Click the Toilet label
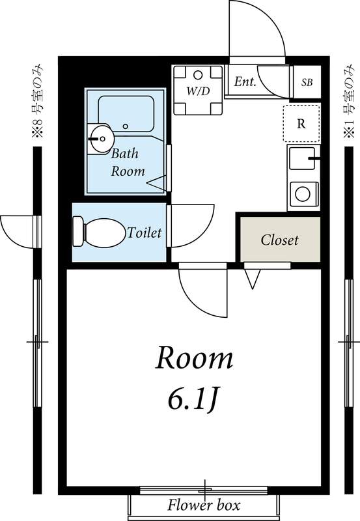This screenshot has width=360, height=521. coord(145,232)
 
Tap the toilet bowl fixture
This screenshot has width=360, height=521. coord(104,232)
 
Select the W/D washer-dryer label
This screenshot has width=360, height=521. coord(198,91)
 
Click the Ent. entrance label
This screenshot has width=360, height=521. coord(245,81)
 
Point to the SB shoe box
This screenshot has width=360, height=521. coord(307,82)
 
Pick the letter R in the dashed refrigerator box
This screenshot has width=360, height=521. coord(301,124)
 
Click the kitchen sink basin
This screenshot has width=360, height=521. coord(301,158)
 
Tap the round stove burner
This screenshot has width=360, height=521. coord(303,194)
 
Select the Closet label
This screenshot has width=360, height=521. coord(280,240)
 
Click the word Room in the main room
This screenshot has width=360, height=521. coord(194,358)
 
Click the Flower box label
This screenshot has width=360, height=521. coord(204,505)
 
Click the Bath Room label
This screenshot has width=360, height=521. coord(128,162)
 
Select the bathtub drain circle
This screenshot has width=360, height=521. coord(125,126)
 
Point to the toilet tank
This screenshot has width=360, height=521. coord(78,232)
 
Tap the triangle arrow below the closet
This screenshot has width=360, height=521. coord(253,279)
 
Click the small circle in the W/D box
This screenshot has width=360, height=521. coord(198,75)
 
